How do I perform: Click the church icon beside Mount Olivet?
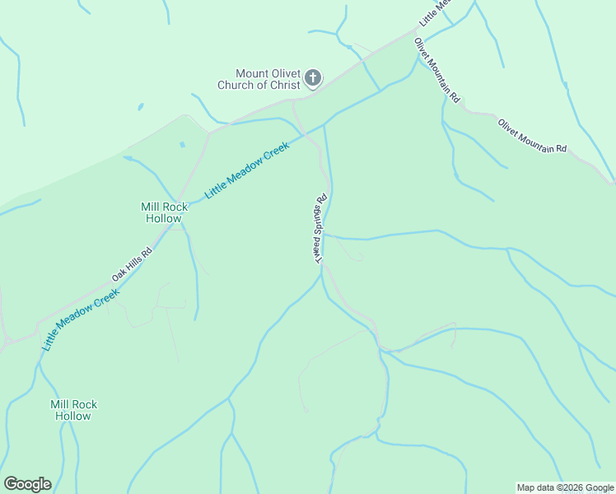[x=312, y=78]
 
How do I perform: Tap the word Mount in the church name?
[x=252, y=72]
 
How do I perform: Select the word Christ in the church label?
[x=283, y=85]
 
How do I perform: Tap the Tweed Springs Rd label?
[x=320, y=228]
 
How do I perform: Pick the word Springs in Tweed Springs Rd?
[x=320, y=224]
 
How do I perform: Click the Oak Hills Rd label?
[x=133, y=265]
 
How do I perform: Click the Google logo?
[x=27, y=484]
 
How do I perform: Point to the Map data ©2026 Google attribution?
[x=565, y=487]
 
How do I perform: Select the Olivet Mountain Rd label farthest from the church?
[x=532, y=136]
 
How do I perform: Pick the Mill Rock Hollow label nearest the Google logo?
[x=73, y=410]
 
